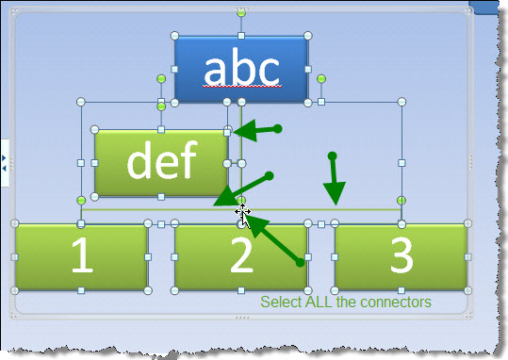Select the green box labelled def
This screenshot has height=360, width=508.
pos(161,163)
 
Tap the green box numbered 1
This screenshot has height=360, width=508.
pos(82,256)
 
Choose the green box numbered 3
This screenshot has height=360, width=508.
pos(401,256)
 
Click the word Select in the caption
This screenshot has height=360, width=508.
pos(281,303)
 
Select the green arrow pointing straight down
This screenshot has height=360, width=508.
pos(333,181)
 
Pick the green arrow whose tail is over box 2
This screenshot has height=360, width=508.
pos(275,241)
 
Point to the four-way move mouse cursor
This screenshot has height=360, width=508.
pos(242,215)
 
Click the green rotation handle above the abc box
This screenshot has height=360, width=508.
pos(241,12)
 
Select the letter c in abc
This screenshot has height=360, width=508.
pos(267,67)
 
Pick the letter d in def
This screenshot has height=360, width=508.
pos(139,161)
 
